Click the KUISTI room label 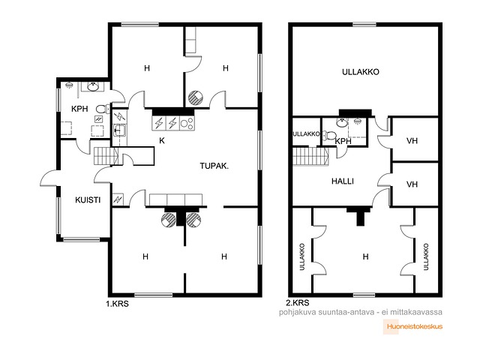(x=88, y=200)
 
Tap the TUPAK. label (x=214, y=166)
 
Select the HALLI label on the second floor (x=343, y=181)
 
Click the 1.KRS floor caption (x=117, y=304)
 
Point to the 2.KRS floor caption (x=298, y=303)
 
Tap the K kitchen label (x=162, y=140)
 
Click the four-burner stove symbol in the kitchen (x=187, y=123)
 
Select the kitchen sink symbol (x=119, y=130)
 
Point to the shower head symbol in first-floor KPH (x=70, y=85)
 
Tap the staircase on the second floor (x=310, y=157)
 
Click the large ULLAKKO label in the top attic (x=360, y=72)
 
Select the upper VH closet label (x=412, y=141)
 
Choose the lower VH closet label (x=412, y=184)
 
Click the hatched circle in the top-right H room (x=196, y=98)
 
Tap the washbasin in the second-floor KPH (x=341, y=123)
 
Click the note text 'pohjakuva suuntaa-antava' (x=327, y=312)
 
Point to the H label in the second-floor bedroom (x=365, y=256)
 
